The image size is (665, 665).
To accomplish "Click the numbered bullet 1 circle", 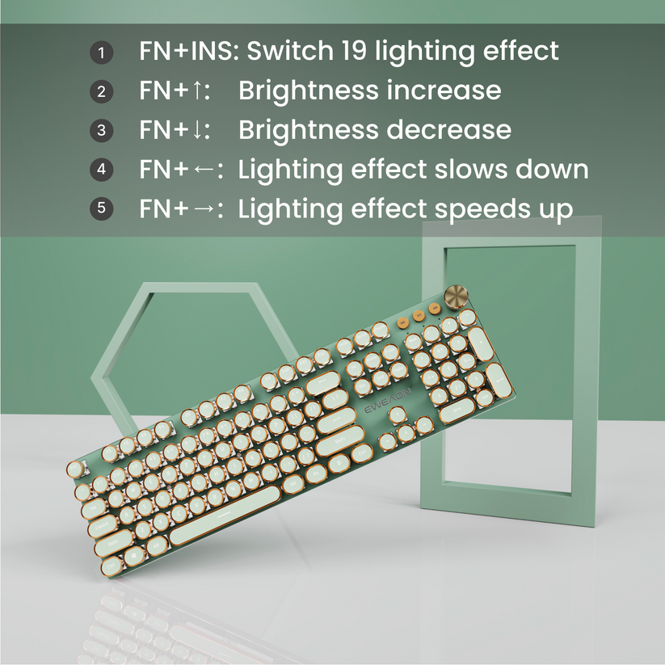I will click(x=101, y=53).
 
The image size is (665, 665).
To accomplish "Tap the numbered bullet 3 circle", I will click(x=101, y=130).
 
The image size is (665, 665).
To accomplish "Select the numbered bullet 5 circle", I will click(x=101, y=208).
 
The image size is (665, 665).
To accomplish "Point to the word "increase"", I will click(x=444, y=90).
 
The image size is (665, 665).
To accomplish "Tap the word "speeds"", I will click(x=482, y=209).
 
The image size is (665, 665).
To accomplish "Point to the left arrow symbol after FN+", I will click(x=204, y=170).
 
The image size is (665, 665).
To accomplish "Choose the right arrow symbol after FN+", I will click(x=204, y=208).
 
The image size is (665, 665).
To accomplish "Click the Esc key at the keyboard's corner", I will click(x=77, y=468).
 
